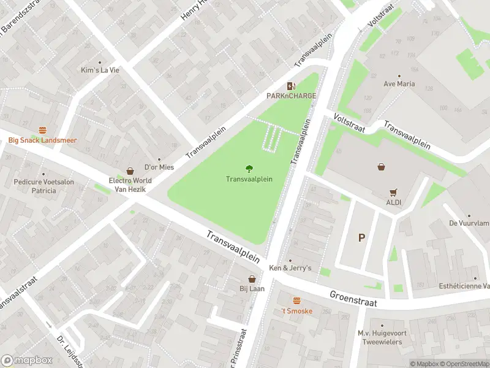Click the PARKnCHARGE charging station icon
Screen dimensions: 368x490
pyautogui.click(x=291, y=86)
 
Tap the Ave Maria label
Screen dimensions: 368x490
pyautogui.click(x=399, y=84)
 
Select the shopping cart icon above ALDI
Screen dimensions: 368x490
pyautogui.click(x=393, y=192)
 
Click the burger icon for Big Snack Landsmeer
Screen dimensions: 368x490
pyautogui.click(x=42, y=130)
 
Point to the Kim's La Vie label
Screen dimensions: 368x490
pyautogui.click(x=100, y=70)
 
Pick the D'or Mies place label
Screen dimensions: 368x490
pyautogui.click(x=159, y=167)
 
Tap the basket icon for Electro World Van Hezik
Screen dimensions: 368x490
pyautogui.click(x=130, y=171)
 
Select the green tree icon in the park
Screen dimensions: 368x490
pyautogui.click(x=249, y=169)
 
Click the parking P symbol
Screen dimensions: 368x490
pyautogui.click(x=361, y=237)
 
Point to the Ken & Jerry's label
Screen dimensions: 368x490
pyautogui.click(x=291, y=268)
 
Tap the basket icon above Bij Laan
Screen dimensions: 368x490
pyautogui.click(x=252, y=278)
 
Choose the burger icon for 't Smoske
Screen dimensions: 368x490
pyautogui.click(x=297, y=301)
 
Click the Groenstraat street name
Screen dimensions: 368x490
pyautogui.click(x=352, y=299)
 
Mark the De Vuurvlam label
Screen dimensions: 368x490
pyautogui.click(x=469, y=224)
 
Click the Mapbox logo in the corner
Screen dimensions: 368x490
pyautogui.click(x=27, y=361)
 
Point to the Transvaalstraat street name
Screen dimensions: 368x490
pyautogui.click(x=18, y=292)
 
